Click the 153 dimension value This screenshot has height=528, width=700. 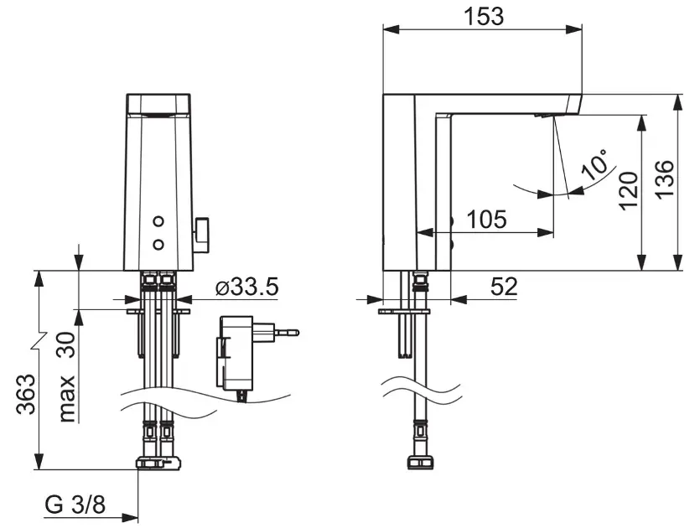484,17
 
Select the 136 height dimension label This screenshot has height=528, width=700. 664,179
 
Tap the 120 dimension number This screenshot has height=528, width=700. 628,190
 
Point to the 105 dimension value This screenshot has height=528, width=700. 486,219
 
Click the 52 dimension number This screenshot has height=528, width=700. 504,287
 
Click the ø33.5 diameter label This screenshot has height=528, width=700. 246,287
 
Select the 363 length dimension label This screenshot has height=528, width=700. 26,395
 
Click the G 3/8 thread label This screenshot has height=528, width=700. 75,505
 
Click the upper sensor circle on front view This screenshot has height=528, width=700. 158,221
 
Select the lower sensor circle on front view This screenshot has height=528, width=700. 158,244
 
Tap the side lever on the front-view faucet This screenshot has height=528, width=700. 201,235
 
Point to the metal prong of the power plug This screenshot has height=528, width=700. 287,333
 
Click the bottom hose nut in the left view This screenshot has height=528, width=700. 158,463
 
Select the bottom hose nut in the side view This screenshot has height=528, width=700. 420,463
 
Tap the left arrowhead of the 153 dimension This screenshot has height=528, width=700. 391,29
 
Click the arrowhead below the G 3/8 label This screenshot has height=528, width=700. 130,518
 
